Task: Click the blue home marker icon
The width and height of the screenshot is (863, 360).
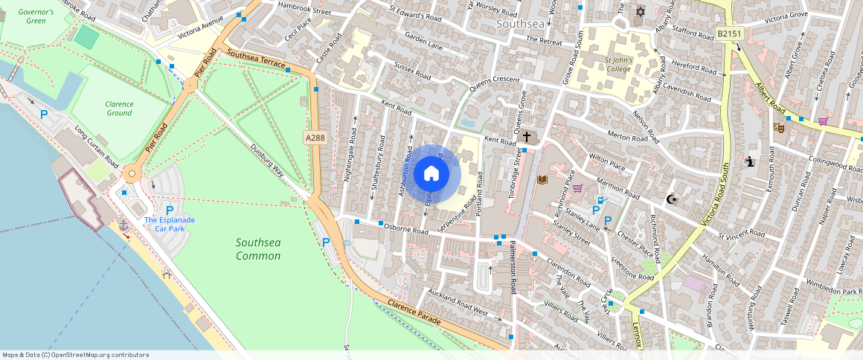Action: pos(431,174)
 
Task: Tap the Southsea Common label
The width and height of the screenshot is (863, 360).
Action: pos(258,249)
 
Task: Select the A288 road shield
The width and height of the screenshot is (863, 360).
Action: pos(315,138)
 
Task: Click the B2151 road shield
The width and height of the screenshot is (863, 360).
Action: pos(730,34)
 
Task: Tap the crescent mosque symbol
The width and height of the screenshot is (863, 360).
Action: pos(671,199)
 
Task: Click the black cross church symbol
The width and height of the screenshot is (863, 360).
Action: pos(527,137)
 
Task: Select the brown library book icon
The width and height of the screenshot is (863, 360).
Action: pos(542,179)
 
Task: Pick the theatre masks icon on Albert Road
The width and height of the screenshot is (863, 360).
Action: pos(779,127)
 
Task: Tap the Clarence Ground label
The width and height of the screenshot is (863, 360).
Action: pos(119,109)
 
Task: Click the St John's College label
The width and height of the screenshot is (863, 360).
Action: pos(617,65)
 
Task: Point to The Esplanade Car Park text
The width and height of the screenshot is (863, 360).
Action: pos(170,224)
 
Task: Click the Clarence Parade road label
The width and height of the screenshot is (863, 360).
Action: pos(414,312)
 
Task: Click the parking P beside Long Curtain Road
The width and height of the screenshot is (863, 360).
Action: pos(44,115)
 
